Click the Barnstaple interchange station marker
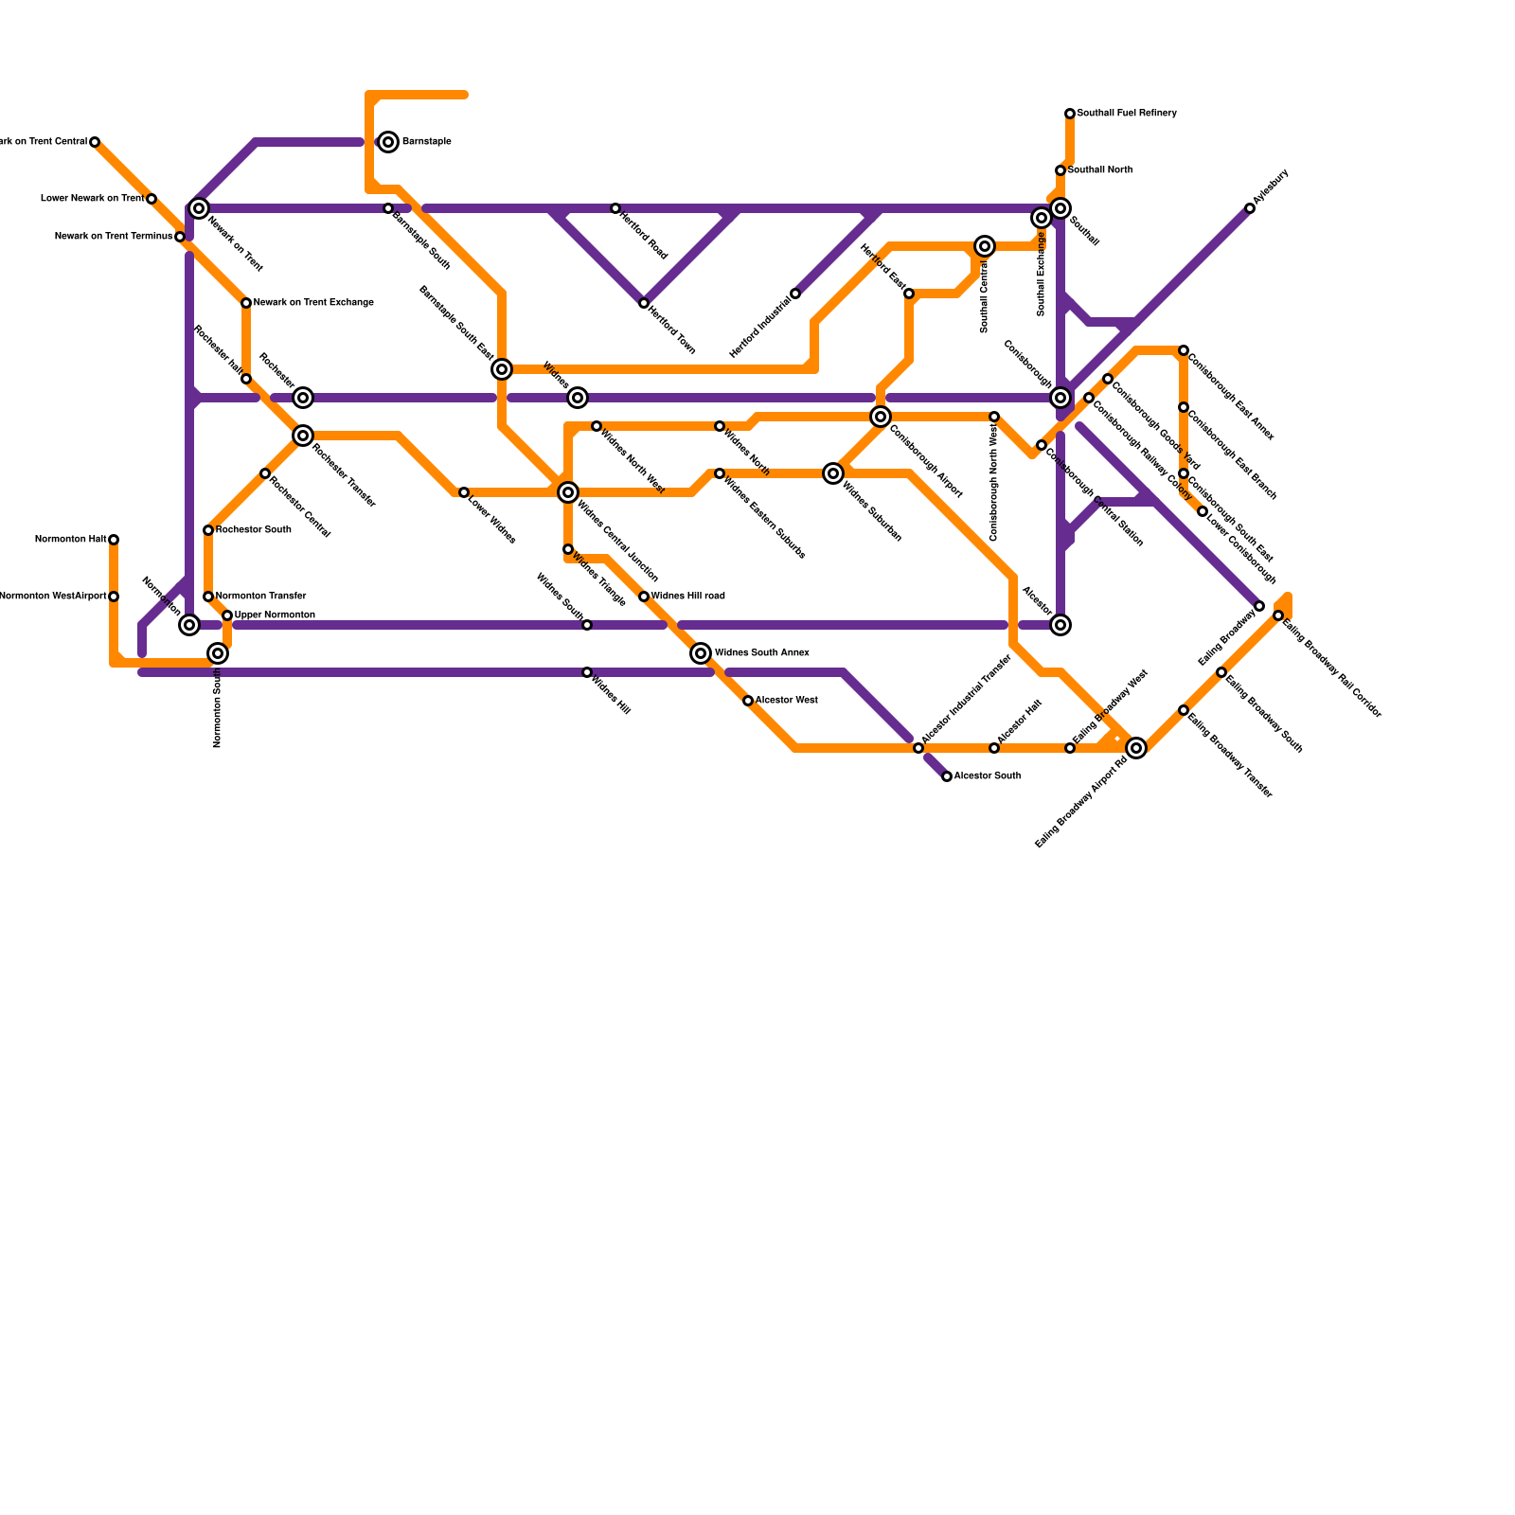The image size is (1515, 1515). point(388,142)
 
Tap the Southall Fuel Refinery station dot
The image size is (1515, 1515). point(1070,114)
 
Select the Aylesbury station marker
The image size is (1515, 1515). point(1250,208)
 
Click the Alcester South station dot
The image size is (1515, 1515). point(947,776)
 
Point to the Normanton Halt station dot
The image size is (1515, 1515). point(114,540)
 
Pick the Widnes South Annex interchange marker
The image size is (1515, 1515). point(701,653)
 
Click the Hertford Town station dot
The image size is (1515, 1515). point(644,303)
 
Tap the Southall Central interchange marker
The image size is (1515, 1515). point(985,246)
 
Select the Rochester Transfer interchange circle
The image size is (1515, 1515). point(303,436)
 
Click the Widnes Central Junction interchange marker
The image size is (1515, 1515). point(568,492)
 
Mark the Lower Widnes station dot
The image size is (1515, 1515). point(464,492)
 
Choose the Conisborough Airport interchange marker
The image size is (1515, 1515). point(881,417)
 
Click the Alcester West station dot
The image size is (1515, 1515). point(748,701)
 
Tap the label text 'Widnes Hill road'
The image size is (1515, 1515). point(687,597)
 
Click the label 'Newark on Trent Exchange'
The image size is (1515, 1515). point(313,303)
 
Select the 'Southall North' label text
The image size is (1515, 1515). point(1100,170)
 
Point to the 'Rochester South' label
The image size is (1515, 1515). point(253,530)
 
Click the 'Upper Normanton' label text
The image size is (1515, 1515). point(275,615)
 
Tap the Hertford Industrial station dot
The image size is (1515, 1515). point(795,294)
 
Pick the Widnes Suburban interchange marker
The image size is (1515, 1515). point(833,473)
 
